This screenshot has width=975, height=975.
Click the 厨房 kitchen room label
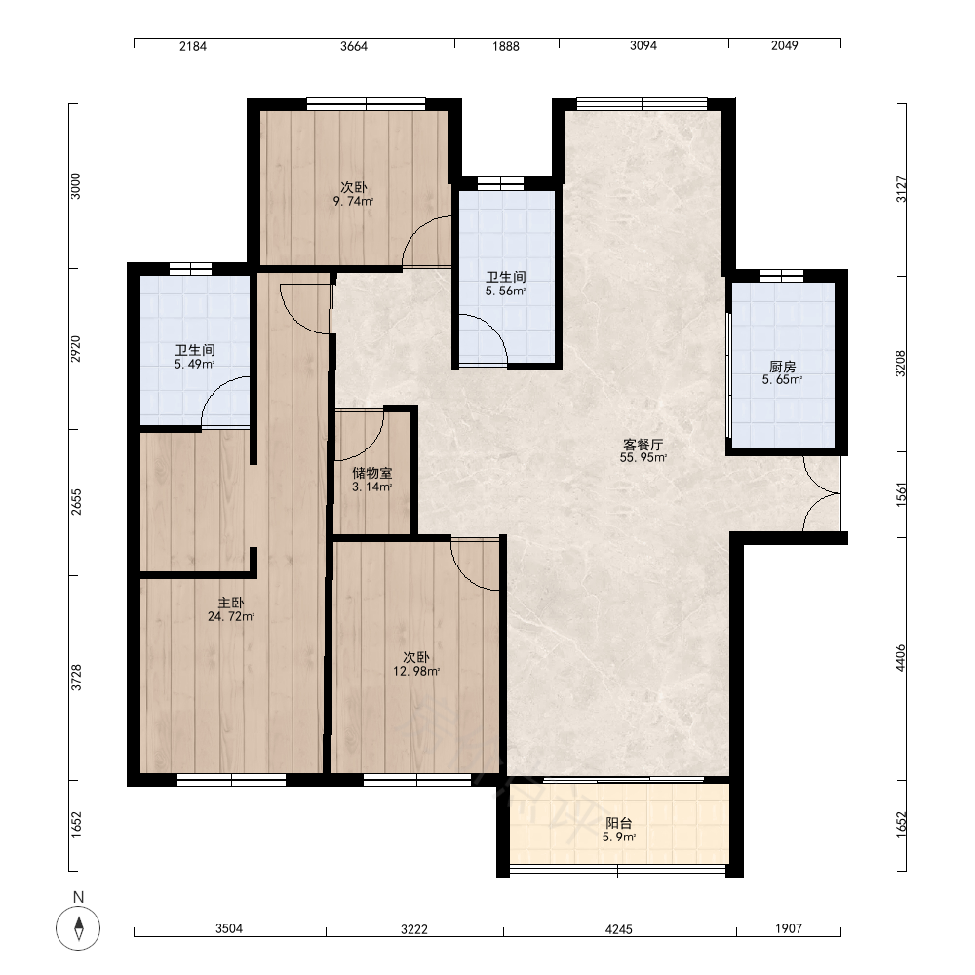[782, 367]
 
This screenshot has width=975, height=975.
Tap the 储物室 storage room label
[371, 473]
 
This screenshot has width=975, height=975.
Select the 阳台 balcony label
[619, 823]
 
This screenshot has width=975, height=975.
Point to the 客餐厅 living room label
[643, 445]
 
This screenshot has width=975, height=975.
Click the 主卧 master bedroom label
[231, 603]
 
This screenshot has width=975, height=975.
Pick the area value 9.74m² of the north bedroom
[353, 201]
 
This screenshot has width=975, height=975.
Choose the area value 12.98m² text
[416, 671]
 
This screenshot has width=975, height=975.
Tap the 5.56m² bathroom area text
[505, 291]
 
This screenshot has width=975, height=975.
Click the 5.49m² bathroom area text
[195, 364]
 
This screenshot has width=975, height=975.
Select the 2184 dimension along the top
[193, 46]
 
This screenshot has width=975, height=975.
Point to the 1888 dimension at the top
[505, 46]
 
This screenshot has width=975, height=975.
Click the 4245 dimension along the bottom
[619, 929]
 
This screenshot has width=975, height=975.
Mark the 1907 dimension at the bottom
[789, 928]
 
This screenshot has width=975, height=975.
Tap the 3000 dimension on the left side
[75, 186]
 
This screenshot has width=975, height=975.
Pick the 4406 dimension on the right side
[900, 658]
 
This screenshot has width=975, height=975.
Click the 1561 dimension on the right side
[901, 494]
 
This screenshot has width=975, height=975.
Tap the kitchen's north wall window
[782, 276]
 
